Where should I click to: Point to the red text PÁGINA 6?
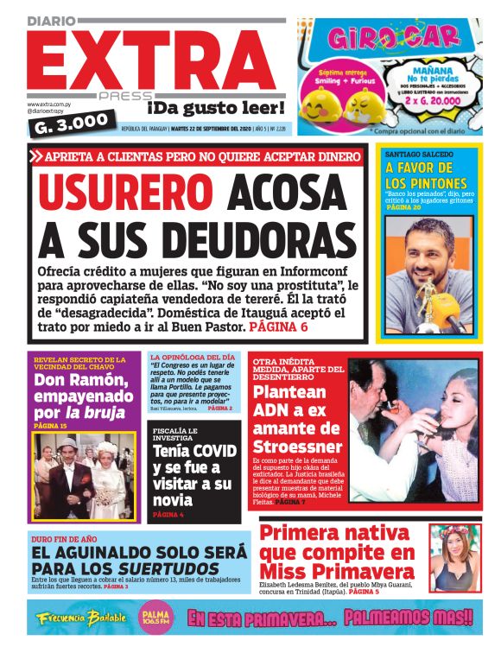tap(278, 328)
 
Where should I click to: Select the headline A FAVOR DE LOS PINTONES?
tap(426, 175)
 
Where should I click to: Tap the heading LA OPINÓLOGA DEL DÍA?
tap(192, 357)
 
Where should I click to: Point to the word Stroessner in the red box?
tap(298, 446)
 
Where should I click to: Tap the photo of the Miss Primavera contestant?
tap(454, 556)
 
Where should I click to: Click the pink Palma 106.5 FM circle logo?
tap(156, 617)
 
